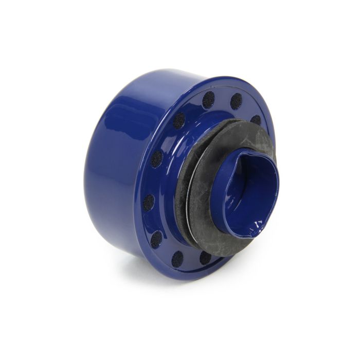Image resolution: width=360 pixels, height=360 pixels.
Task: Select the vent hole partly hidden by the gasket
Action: click(256, 120)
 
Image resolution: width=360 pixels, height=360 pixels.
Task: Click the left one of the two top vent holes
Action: click(208, 100)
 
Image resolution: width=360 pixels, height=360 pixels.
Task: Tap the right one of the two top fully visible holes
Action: click(236, 101)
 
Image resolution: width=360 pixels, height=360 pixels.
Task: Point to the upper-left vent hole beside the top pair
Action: click(178, 120)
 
